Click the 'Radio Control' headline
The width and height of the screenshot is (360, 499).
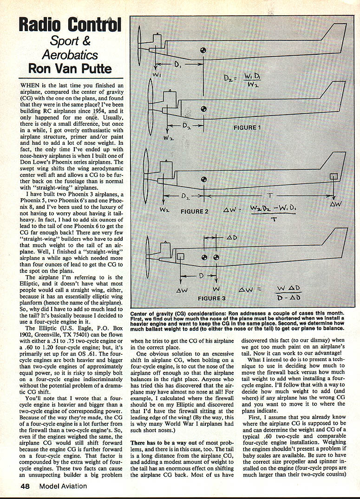70,25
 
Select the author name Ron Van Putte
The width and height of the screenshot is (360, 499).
70,68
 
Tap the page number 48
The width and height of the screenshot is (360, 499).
27,486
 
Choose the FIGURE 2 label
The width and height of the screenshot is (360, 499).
191,211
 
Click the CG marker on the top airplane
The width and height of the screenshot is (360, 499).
203,51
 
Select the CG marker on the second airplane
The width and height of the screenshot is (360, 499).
203,110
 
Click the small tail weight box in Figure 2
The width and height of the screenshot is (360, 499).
333,177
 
